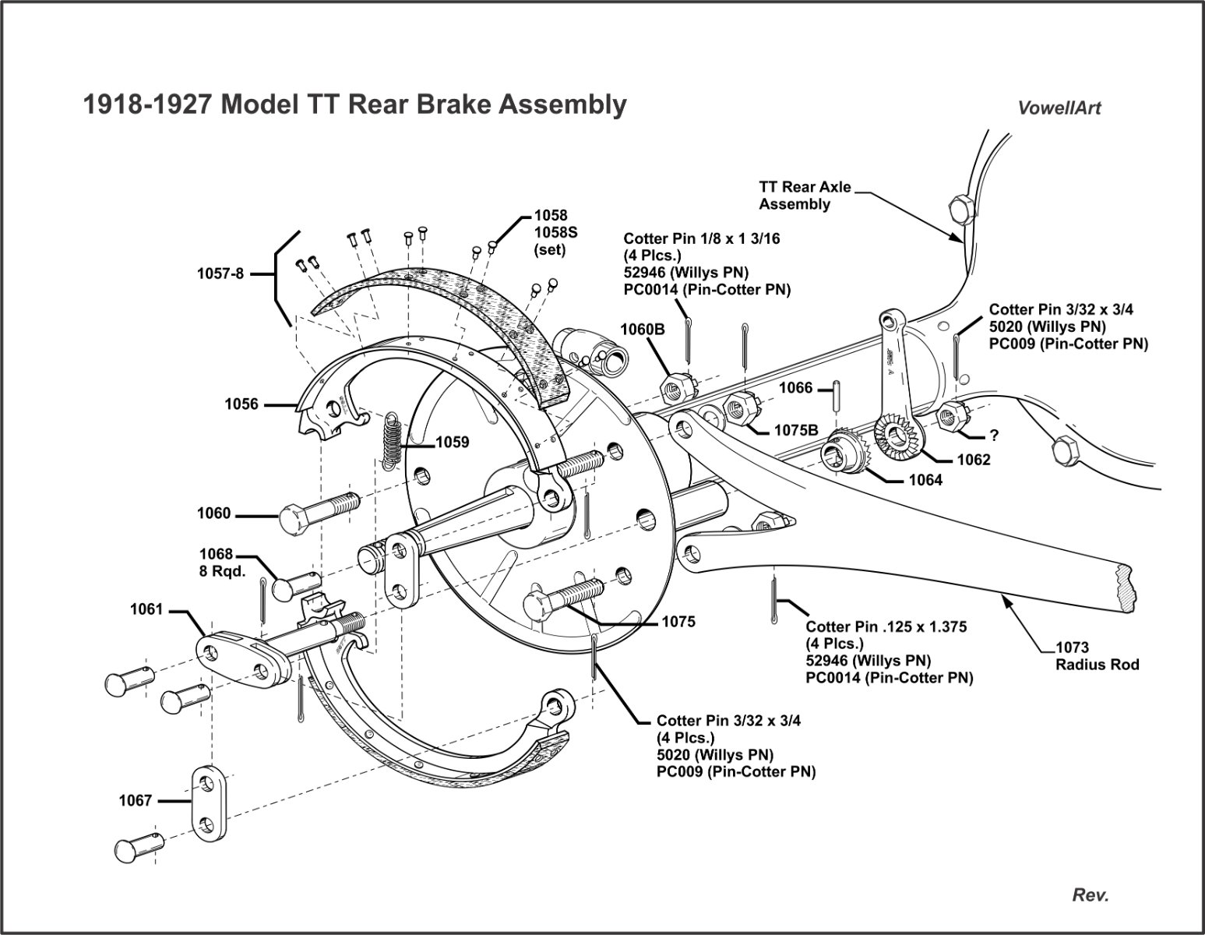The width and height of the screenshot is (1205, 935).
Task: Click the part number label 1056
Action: pyautogui.click(x=241, y=404)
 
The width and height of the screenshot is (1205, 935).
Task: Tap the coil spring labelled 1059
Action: pyautogui.click(x=392, y=441)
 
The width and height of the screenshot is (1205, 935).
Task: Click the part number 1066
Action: pyautogui.click(x=795, y=388)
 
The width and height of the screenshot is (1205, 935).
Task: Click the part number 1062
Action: pyautogui.click(x=974, y=460)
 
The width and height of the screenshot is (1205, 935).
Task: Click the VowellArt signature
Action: pyautogui.click(x=1059, y=108)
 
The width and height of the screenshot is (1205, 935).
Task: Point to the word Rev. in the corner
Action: pyautogui.click(x=1090, y=895)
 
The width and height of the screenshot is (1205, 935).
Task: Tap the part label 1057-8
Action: pyautogui.click(x=220, y=273)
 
